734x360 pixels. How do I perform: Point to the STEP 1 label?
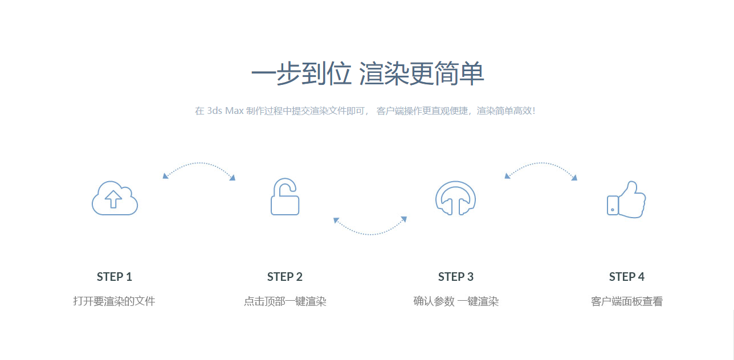point(115,277)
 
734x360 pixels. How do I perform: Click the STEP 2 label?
point(285,277)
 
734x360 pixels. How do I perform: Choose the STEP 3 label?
point(456,277)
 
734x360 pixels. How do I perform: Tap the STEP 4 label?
point(626,277)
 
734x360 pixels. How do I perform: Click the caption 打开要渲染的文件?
point(114,301)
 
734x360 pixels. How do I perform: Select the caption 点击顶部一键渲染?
point(285,301)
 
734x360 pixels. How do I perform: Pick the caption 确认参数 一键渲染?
point(456,301)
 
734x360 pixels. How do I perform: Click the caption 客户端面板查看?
point(626,301)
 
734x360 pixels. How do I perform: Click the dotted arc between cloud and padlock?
point(199,163)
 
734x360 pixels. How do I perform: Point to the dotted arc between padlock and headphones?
point(370,234)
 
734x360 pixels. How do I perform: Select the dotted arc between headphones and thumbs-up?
point(541,163)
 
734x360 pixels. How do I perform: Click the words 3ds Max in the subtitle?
point(225,111)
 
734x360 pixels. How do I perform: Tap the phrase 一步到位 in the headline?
point(301,73)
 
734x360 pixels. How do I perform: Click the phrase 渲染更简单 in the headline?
point(421,73)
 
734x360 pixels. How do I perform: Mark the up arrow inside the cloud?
point(113,199)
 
